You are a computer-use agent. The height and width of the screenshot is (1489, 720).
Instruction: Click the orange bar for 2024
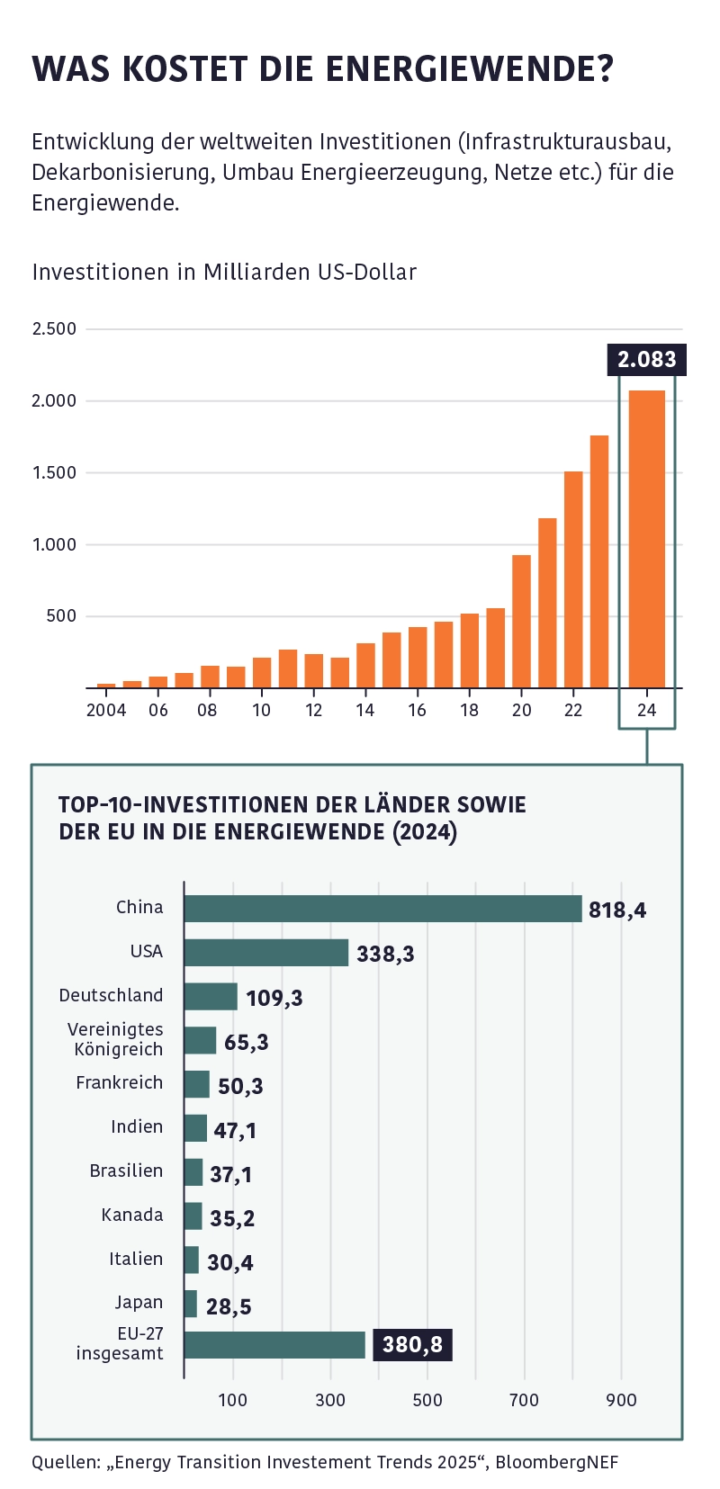[x=646, y=540]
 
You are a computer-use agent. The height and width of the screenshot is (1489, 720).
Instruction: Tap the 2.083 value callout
[x=646, y=360]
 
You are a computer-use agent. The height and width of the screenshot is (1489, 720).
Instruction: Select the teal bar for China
[x=382, y=909]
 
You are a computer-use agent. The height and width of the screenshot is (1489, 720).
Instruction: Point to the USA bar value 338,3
[x=385, y=954]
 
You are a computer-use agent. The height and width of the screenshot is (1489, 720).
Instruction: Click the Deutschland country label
[x=112, y=996]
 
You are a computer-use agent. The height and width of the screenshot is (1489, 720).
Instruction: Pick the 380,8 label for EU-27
[x=412, y=1345]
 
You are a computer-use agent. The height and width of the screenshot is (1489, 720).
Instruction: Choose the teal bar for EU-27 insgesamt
[x=274, y=1345]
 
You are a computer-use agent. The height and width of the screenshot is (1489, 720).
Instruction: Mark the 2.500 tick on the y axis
[x=54, y=329]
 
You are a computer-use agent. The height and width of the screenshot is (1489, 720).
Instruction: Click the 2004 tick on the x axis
[x=106, y=710]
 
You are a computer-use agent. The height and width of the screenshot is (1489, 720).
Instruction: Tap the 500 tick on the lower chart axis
[x=427, y=1400]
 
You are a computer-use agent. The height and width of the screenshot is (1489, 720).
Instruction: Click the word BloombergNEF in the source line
[x=557, y=1462]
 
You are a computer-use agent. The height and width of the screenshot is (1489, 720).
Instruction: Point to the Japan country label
[x=139, y=1303]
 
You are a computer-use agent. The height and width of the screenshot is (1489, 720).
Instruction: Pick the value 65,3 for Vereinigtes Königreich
[x=247, y=1042]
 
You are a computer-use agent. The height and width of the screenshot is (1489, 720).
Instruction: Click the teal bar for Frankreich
[x=197, y=1084]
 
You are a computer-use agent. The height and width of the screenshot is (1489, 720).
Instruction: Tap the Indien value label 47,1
[x=235, y=1130]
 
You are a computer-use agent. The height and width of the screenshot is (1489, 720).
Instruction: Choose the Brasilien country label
[x=126, y=1171]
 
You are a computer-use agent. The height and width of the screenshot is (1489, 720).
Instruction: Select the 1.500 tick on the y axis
[x=54, y=473]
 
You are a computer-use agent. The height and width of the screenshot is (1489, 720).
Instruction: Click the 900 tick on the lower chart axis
[x=621, y=1400]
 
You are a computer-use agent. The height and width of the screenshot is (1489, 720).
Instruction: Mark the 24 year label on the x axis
[x=646, y=710]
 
